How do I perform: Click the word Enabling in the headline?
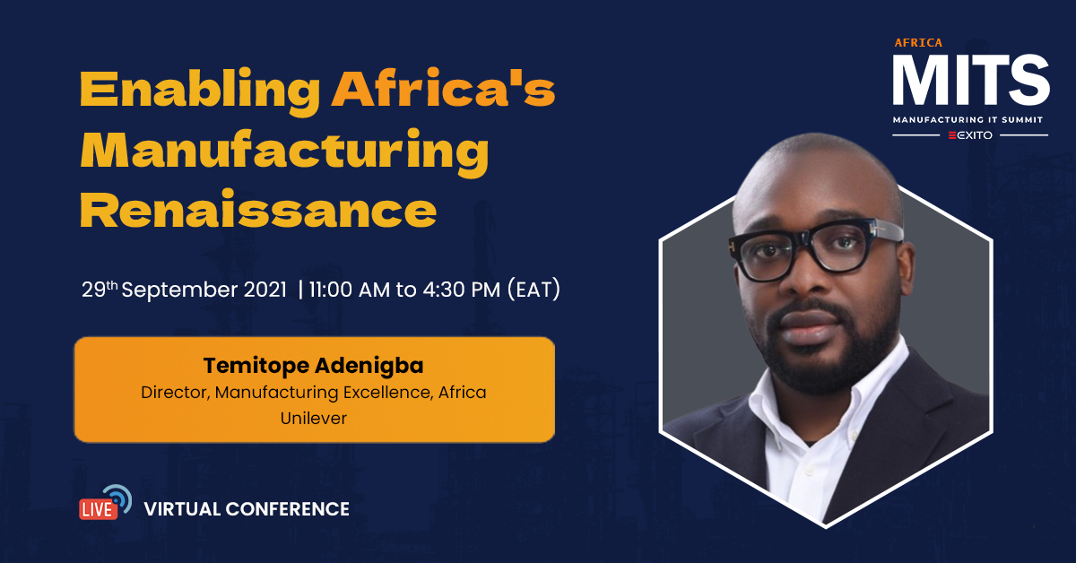[200, 91]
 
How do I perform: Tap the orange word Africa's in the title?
[443, 88]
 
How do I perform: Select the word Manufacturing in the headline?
[284, 152]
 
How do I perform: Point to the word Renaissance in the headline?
[258, 210]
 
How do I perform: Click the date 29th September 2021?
[184, 290]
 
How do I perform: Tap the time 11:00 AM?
[349, 290]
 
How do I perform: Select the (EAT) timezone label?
[534, 290]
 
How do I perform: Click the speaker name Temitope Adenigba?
[313, 366]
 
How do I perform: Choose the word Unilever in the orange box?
[313, 418]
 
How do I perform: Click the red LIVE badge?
[98, 509]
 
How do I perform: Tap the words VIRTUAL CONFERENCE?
[247, 509]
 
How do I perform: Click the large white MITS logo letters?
[971, 80]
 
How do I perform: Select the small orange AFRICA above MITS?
[918, 43]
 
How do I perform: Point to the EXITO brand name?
[970, 135]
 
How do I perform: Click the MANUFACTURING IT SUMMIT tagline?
[968, 119]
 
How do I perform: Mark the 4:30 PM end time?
[462, 290]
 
